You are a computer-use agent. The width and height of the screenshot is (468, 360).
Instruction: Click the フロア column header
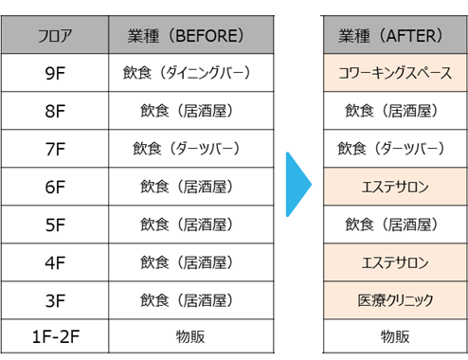tap(55, 37)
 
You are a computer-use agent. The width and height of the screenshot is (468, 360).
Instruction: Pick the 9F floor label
tap(55, 73)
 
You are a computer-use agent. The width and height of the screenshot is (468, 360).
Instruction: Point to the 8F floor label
tap(55, 111)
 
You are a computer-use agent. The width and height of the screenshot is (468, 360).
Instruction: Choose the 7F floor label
tap(55, 149)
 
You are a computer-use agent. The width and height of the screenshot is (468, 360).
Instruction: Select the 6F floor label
tap(55, 187)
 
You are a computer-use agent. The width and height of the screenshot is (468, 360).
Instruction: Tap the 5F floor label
tap(55, 225)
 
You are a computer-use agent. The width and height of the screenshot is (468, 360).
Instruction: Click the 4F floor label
tap(55, 262)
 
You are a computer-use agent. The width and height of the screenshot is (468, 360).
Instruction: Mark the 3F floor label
tap(55, 300)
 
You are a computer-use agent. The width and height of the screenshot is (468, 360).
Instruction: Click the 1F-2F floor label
tap(55, 336)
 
